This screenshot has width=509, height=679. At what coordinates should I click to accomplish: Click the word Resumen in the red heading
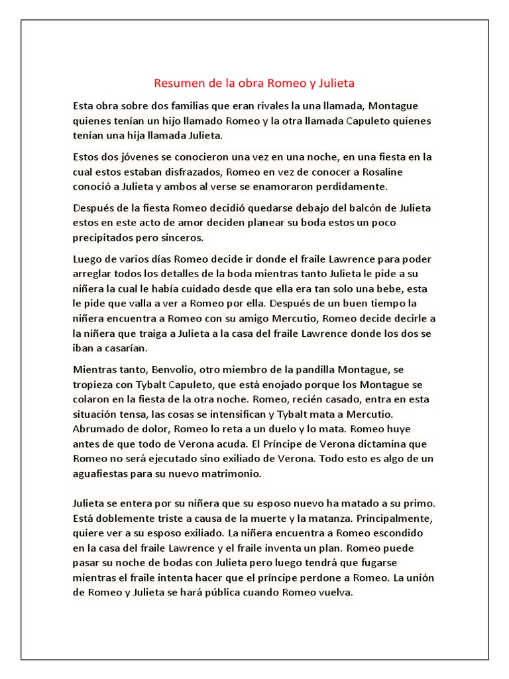[176, 84]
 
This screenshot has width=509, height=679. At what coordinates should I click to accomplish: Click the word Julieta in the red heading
[334, 84]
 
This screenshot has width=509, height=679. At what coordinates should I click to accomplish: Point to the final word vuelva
[337, 592]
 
